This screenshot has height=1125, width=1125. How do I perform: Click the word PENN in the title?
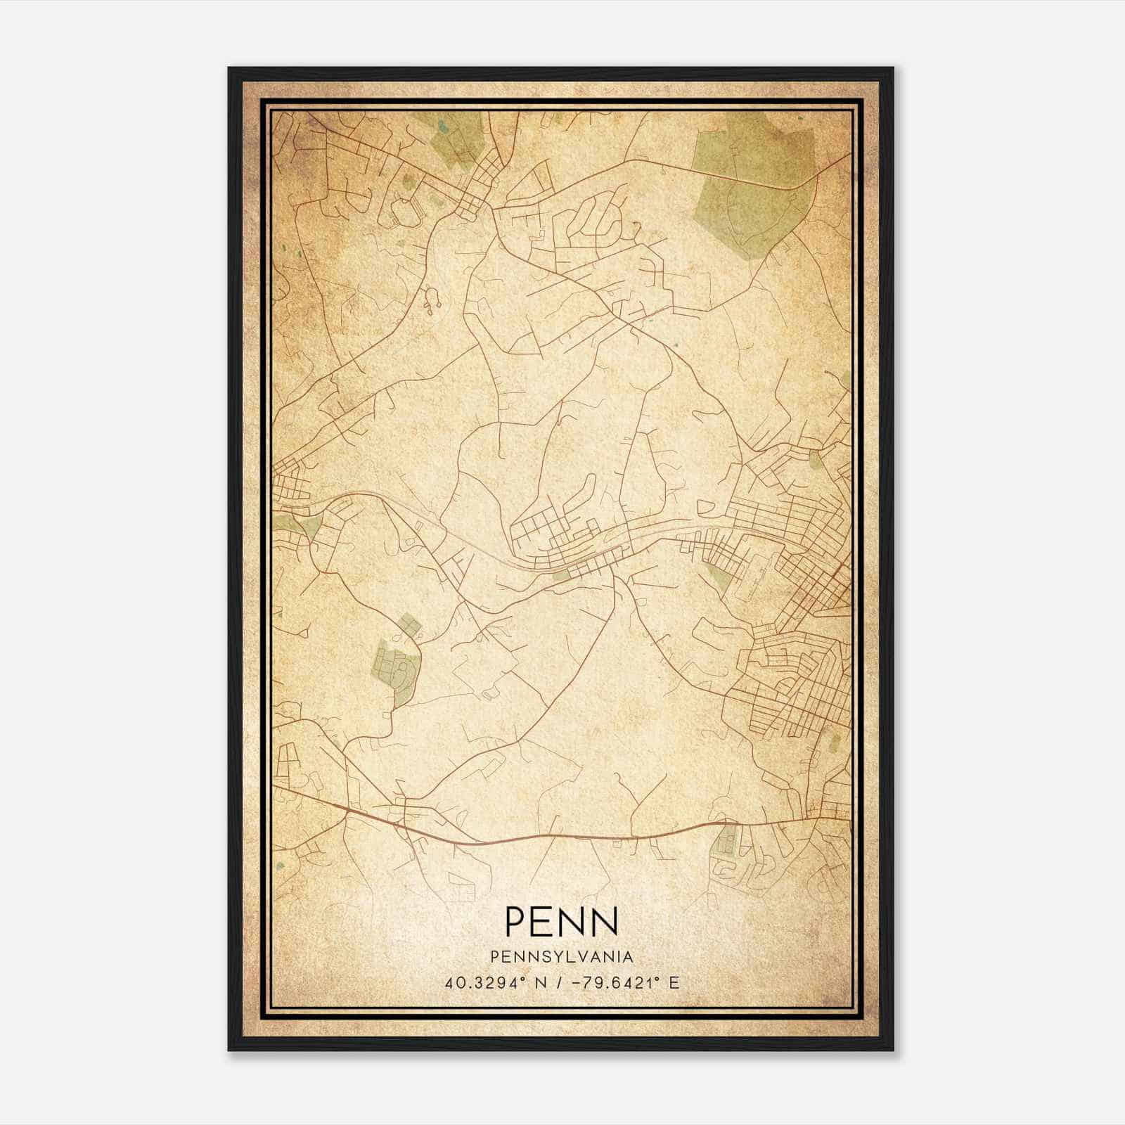coord(562,922)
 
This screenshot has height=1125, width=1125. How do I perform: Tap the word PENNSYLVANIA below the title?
coord(562,957)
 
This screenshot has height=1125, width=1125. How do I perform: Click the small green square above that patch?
coord(409,623)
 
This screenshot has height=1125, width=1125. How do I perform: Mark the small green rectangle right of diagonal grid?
coord(835,742)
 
